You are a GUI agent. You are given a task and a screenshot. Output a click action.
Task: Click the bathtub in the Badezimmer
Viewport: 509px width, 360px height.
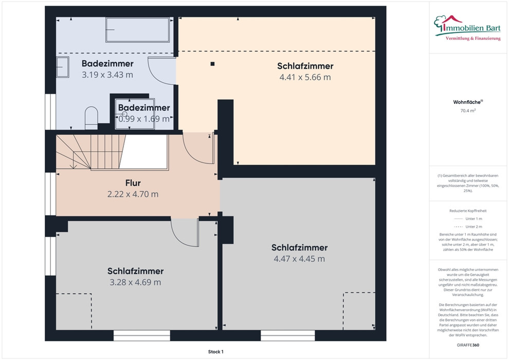(x=138, y=30)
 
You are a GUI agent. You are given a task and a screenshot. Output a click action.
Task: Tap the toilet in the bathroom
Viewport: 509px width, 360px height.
(x=91, y=118)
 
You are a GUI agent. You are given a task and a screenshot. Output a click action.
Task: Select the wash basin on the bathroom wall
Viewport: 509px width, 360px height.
(x=63, y=67)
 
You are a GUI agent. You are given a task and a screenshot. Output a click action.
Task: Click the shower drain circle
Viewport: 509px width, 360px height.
(x=124, y=114)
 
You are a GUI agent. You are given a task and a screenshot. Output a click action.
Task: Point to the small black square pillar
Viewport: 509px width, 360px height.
(x=212, y=64)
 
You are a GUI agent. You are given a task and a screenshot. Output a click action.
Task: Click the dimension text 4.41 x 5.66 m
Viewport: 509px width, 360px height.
(x=305, y=77)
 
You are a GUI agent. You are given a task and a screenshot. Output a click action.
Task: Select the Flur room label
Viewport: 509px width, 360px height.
(x=133, y=183)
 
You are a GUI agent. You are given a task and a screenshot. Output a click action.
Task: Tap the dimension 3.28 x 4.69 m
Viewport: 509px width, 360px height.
(x=135, y=282)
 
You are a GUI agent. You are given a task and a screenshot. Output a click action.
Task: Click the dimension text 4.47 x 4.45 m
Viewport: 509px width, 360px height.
(x=299, y=259)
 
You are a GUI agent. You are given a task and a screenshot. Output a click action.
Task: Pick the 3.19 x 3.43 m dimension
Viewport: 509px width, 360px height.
(x=107, y=75)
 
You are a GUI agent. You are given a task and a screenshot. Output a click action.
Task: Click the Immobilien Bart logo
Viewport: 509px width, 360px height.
(x=467, y=28)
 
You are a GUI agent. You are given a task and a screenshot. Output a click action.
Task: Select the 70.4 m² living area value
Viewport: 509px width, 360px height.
(x=468, y=111)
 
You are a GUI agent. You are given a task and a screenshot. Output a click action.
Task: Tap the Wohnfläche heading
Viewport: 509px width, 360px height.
(x=468, y=102)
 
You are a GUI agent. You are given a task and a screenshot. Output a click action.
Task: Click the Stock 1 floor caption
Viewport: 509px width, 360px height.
(x=216, y=352)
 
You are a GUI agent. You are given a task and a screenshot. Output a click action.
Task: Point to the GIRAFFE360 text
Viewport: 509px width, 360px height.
(x=468, y=345)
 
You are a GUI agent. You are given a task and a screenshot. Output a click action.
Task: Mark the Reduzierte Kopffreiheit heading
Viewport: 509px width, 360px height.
(x=468, y=211)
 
